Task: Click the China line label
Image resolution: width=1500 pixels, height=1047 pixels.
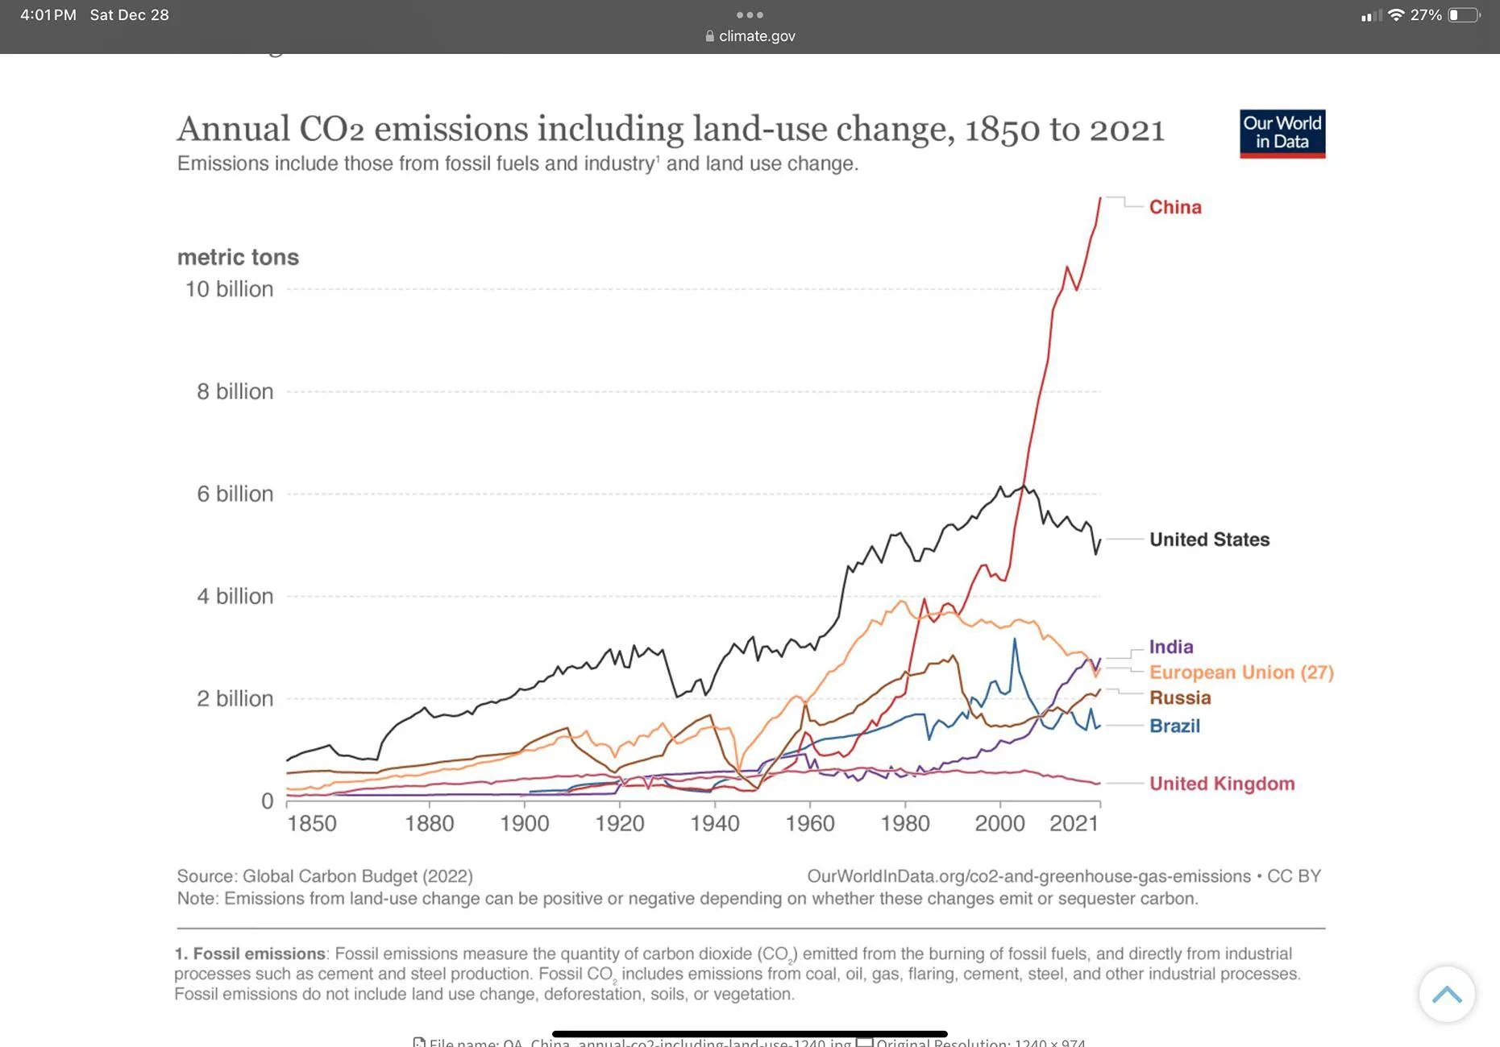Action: pyautogui.click(x=1174, y=207)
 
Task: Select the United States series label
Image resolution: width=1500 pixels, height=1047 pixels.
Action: pyautogui.click(x=1208, y=540)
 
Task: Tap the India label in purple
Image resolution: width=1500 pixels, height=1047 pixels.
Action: pyautogui.click(x=1170, y=647)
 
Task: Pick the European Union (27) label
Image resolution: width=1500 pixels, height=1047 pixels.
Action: pyautogui.click(x=1240, y=672)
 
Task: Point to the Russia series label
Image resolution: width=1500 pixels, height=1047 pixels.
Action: pyautogui.click(x=1179, y=697)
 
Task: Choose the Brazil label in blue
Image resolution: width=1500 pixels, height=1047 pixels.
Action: pyautogui.click(x=1174, y=726)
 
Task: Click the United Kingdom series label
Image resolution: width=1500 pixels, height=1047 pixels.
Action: pyautogui.click(x=1221, y=784)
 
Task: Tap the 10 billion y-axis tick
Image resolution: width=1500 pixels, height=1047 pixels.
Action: pyautogui.click(x=229, y=289)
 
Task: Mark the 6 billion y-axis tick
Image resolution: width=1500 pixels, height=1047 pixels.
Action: pyautogui.click(x=235, y=494)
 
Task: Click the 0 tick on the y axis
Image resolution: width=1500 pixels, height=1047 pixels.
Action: pyautogui.click(x=267, y=801)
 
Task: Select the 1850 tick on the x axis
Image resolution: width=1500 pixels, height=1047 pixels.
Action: pyautogui.click(x=312, y=823)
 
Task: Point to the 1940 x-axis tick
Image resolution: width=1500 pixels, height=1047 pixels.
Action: pyautogui.click(x=714, y=823)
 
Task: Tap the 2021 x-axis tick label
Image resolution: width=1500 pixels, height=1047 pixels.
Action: pyautogui.click(x=1074, y=823)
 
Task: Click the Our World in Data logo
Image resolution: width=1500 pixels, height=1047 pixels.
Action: pyautogui.click(x=1282, y=134)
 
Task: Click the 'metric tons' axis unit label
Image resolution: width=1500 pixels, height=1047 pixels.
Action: pyautogui.click(x=238, y=257)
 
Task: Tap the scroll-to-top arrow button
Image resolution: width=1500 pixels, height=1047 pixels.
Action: pyautogui.click(x=1446, y=995)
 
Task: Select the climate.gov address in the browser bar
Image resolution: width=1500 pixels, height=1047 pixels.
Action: pyautogui.click(x=756, y=36)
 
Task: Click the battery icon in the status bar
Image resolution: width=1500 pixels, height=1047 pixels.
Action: pyautogui.click(x=1464, y=15)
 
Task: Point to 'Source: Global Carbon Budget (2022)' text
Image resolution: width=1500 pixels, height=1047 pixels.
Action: pyautogui.click(x=325, y=876)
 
